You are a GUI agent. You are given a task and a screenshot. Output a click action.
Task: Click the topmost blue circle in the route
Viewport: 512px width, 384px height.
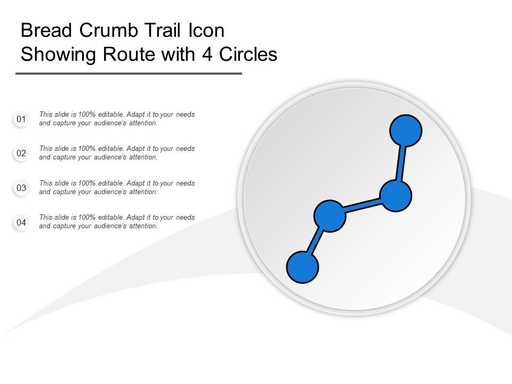click(406, 130)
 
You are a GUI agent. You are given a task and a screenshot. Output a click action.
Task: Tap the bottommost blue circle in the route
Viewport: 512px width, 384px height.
click(302, 267)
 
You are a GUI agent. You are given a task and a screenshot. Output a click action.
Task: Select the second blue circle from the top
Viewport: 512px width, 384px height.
click(396, 196)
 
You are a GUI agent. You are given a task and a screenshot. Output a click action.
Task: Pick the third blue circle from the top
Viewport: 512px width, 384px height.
click(330, 216)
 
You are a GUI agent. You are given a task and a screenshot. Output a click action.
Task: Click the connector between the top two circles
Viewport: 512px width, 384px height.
click(401, 163)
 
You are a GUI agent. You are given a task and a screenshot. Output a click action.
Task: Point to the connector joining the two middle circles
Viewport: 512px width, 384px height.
click(363, 206)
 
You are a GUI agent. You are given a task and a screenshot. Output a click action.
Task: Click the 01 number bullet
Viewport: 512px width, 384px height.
click(21, 119)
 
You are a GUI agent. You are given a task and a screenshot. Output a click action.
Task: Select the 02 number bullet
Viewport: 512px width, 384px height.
click(21, 154)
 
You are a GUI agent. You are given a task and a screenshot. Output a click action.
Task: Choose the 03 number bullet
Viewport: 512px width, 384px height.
click(21, 188)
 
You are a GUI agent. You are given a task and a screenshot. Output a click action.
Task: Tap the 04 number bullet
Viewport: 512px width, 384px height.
click(21, 222)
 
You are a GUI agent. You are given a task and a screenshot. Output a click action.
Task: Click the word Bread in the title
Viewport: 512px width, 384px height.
click(46, 31)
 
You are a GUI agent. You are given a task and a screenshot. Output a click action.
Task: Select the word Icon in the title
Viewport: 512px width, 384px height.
click(205, 31)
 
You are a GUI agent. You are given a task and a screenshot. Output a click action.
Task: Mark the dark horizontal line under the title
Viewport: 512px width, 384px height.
click(129, 74)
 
